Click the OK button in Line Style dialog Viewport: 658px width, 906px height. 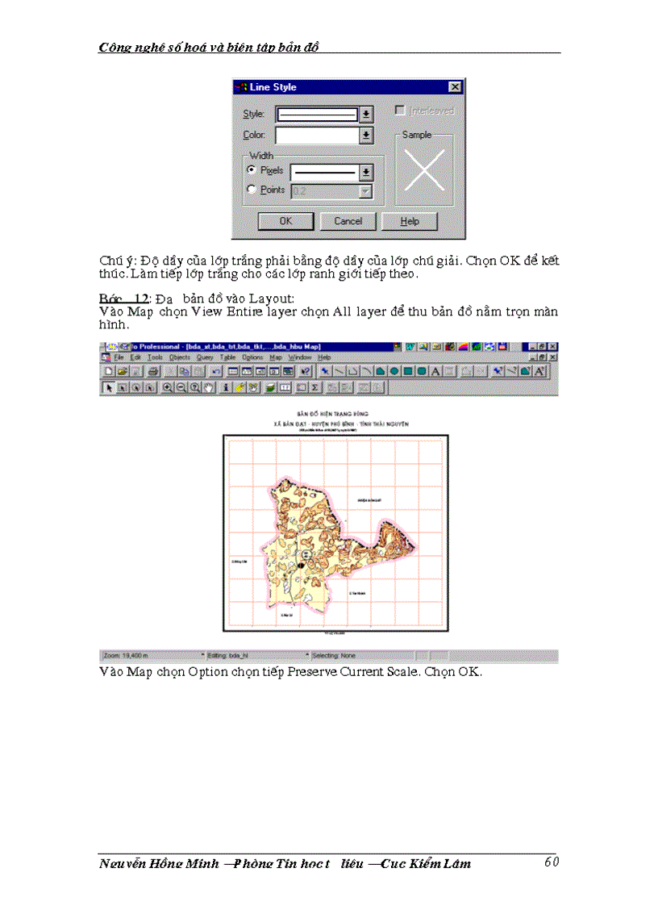pyautogui.click(x=285, y=221)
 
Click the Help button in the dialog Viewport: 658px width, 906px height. pyautogui.click(x=410, y=221)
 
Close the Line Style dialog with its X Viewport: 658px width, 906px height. pyautogui.click(x=455, y=87)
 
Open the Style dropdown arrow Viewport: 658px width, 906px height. pyautogui.click(x=366, y=114)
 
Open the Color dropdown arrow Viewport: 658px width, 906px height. pyautogui.click(x=366, y=136)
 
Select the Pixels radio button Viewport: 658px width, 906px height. pyautogui.click(x=252, y=170)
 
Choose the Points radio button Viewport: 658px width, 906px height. pyautogui.click(x=252, y=190)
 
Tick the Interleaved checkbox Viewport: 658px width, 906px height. pyautogui.click(x=399, y=111)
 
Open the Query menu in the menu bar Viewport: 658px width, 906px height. pyautogui.click(x=204, y=357)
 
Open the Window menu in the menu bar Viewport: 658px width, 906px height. pyautogui.click(x=300, y=357)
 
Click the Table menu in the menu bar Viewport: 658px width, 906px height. pyautogui.click(x=228, y=357)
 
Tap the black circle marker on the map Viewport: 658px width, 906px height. pyautogui.click(x=302, y=566)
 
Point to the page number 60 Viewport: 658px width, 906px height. pyautogui.click(x=552, y=862)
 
